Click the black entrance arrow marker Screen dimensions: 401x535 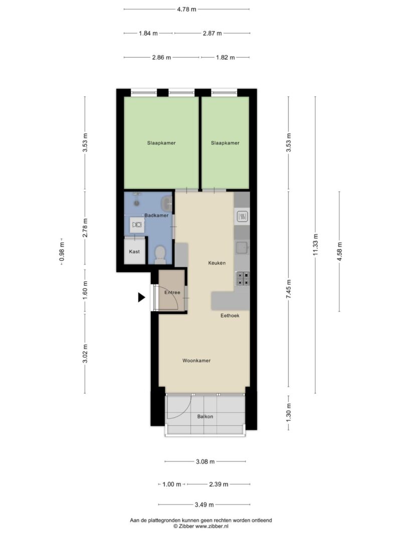141,297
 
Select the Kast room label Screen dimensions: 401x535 134,252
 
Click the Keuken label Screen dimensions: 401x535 217,263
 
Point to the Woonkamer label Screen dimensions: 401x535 196,361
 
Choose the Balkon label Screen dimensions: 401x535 205,416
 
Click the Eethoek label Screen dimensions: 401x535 230,315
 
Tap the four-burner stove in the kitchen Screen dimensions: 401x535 243,278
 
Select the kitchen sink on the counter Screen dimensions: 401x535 243,247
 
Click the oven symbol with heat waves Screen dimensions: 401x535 243,216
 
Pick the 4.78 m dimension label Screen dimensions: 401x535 186,9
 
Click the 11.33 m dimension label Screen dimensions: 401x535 315,245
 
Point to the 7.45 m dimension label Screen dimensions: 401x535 289,289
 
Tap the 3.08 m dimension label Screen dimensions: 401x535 206,462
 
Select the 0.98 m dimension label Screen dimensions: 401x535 62,252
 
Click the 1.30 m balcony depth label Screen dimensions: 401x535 289,412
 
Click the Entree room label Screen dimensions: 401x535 172,292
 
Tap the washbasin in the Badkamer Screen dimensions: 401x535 167,204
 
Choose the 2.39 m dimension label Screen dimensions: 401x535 218,484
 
